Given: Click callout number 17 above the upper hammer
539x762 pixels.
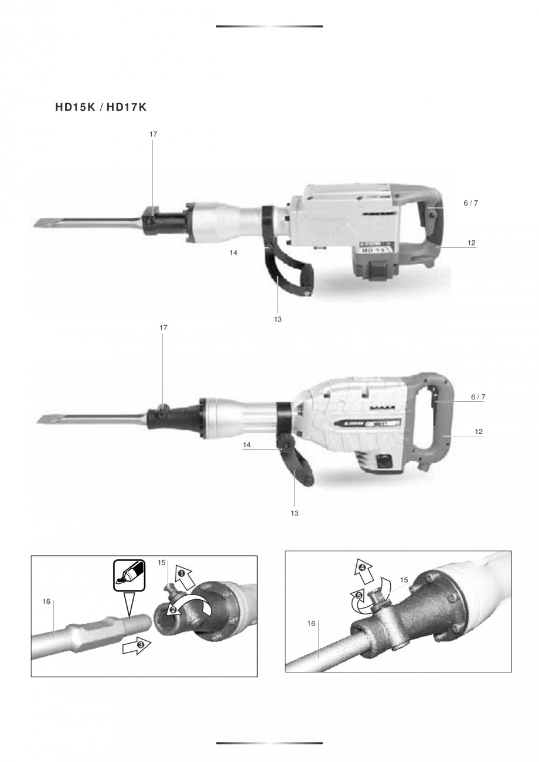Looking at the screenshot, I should tap(153, 134).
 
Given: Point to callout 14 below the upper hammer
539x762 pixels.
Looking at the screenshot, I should tap(234, 252).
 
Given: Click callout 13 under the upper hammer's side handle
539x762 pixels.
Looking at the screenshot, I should tap(278, 319).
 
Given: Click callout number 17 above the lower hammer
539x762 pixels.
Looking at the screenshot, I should tap(163, 328).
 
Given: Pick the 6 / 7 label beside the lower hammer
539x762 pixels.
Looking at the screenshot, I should tap(478, 397).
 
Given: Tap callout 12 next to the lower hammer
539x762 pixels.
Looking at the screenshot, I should tap(479, 432).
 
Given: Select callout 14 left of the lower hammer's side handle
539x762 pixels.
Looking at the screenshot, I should tap(247, 445).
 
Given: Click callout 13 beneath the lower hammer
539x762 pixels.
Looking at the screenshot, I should tap(295, 513).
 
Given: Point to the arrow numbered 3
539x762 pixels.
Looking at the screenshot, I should tap(137, 645).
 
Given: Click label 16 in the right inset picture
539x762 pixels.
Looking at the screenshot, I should tap(312, 623).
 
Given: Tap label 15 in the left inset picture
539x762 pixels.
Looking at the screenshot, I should tap(162, 563).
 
